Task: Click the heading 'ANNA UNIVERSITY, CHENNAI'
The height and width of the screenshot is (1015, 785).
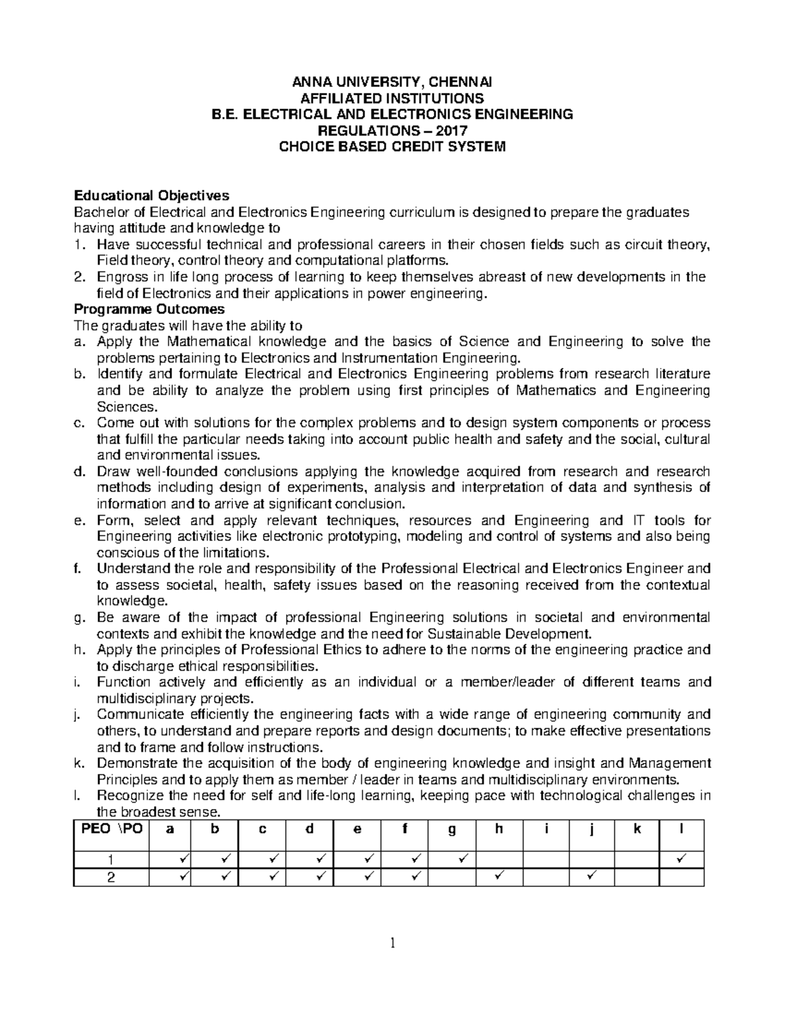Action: (x=392, y=82)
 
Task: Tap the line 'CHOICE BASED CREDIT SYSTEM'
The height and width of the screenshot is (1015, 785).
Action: (x=392, y=146)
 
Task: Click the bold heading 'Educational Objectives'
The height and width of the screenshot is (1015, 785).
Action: (x=152, y=195)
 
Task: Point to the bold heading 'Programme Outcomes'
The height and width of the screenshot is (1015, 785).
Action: (x=150, y=308)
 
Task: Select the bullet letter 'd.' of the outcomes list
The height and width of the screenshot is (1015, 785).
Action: (x=80, y=471)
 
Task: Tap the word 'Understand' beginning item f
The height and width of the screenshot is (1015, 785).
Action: (x=127, y=569)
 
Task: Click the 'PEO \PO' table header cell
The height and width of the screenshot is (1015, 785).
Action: (x=111, y=829)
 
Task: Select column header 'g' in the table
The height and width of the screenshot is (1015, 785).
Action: (x=451, y=829)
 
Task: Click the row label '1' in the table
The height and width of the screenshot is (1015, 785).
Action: (x=111, y=859)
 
